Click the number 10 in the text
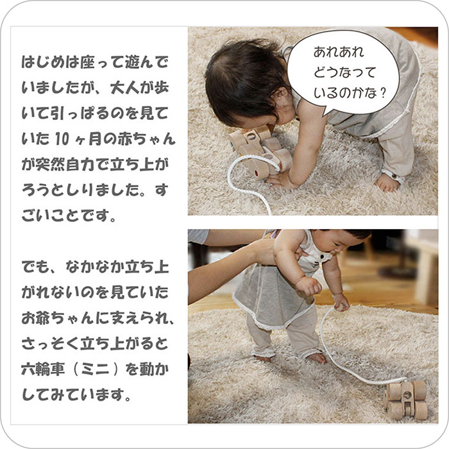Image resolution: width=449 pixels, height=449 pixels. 62,139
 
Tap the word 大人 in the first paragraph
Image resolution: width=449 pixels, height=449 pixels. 124,88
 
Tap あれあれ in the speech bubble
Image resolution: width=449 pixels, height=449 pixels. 339,52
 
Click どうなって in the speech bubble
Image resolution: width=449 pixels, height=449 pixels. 344,72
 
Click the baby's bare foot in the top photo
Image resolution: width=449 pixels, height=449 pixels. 387,183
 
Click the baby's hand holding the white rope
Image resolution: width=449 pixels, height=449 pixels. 342,303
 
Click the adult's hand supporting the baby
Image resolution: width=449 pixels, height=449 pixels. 265,251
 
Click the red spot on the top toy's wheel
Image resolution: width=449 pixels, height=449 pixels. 257,173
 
